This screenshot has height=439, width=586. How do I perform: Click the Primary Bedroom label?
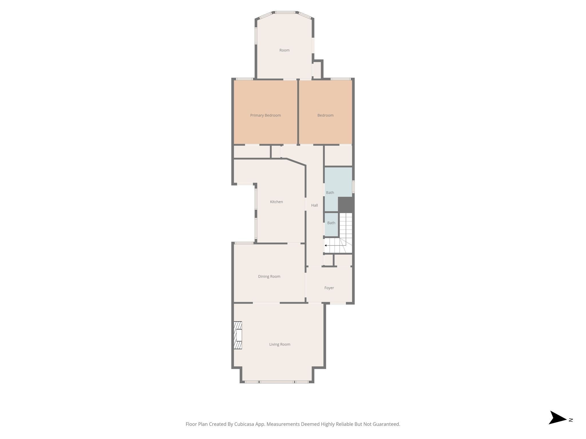[x=265, y=115]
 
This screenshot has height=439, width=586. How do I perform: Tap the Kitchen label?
[x=276, y=202]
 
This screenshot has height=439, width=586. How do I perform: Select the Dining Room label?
[x=269, y=276]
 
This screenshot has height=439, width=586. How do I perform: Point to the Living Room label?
[x=280, y=344]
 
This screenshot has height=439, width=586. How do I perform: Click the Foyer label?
[x=329, y=288]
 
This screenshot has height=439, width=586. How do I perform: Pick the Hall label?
[x=314, y=205]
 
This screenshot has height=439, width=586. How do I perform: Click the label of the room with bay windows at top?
[x=284, y=50]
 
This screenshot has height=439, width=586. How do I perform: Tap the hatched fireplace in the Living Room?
[x=238, y=335]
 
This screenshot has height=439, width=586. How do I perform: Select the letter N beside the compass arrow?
[x=571, y=420]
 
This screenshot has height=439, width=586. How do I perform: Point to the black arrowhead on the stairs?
[x=326, y=245]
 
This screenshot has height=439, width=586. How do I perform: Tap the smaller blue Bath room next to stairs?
[x=331, y=225]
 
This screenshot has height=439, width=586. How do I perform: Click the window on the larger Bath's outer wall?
[x=353, y=186]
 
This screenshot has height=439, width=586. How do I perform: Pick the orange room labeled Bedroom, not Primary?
[x=325, y=112]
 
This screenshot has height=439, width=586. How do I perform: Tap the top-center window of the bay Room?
[x=285, y=12]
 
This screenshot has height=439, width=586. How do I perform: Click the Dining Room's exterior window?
[x=244, y=243]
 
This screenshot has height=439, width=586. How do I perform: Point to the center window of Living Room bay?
[x=277, y=382]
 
